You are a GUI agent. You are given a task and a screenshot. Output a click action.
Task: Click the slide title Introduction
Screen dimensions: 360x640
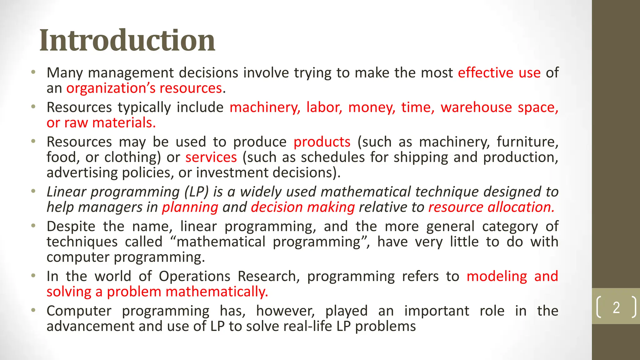[x=127, y=41]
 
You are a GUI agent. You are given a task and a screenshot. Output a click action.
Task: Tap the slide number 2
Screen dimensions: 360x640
[x=616, y=307]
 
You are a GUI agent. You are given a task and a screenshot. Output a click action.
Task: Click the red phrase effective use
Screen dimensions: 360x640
[x=499, y=73]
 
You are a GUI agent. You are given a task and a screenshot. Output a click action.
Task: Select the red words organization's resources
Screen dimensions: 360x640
[x=144, y=88]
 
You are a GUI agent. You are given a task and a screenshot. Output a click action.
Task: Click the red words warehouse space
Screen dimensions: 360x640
[x=499, y=107]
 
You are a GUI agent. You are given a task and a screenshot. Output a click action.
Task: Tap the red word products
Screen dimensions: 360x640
[x=322, y=142]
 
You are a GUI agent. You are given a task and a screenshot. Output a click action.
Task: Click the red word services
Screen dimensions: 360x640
[x=211, y=157]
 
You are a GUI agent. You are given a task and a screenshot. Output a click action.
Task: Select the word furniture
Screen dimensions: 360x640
[x=527, y=142]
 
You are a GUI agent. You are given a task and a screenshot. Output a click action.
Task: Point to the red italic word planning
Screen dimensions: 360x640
[x=190, y=207]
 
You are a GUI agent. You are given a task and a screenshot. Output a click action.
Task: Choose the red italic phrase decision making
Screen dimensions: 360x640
[x=303, y=207]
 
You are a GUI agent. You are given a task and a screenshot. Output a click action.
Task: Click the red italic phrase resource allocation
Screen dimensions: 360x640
[x=491, y=207]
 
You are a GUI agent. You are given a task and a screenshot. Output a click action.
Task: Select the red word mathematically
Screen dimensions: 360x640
[x=217, y=292]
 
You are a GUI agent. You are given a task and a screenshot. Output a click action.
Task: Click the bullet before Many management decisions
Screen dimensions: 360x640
[x=33, y=72]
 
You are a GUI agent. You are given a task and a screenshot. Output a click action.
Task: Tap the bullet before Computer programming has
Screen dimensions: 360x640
[x=33, y=311]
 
